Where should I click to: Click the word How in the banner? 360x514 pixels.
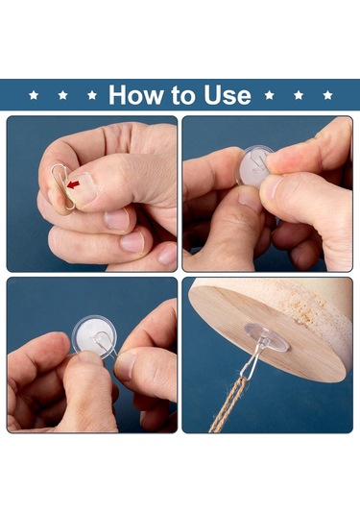[137, 95]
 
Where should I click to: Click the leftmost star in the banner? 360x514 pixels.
[34, 95]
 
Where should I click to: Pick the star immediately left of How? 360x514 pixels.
[92, 95]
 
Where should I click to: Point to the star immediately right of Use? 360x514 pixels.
[269, 95]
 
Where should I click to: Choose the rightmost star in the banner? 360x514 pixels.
[327, 95]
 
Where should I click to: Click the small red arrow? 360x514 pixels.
[73, 184]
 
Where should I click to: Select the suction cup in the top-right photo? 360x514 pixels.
[252, 165]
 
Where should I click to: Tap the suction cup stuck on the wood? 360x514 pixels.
[267, 337]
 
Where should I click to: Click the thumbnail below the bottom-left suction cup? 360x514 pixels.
[87, 356]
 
